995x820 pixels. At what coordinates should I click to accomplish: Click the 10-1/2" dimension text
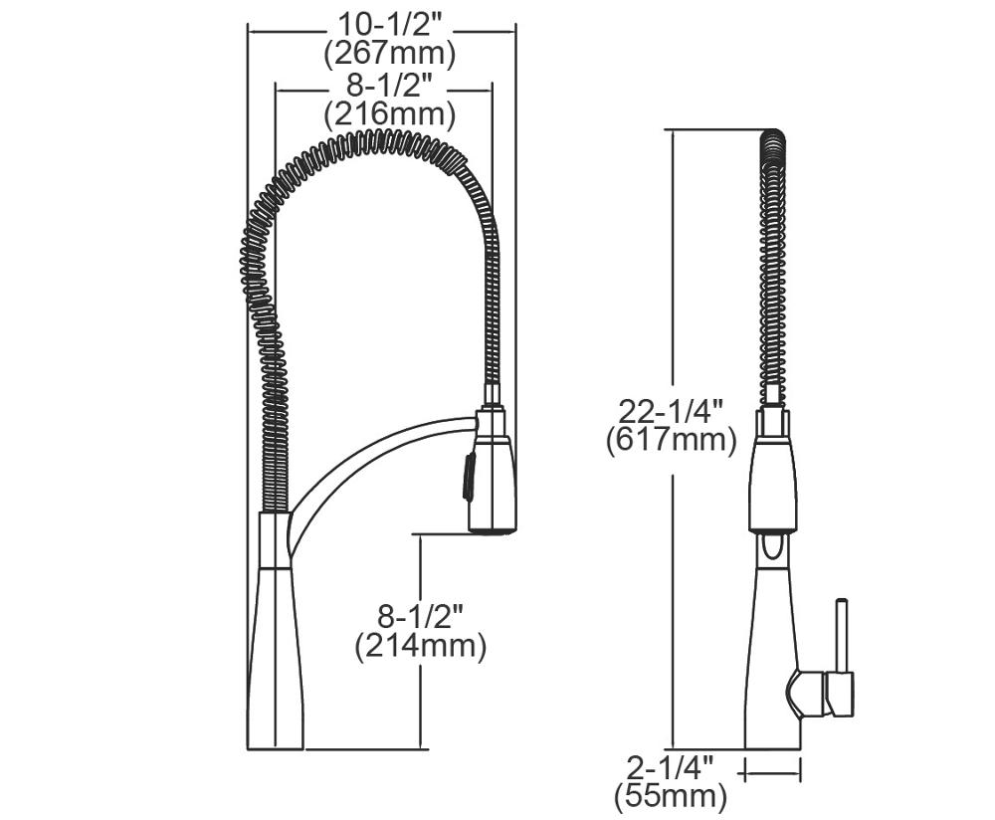click(390, 26)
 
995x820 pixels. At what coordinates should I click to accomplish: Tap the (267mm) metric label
click(390, 55)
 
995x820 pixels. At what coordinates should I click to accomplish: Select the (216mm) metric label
click(390, 114)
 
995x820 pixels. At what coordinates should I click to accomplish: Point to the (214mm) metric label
click(421, 646)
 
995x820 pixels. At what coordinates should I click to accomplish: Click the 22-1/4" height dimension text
click(672, 411)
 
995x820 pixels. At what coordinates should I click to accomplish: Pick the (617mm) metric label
click(672, 440)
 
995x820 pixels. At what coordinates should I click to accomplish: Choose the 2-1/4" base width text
click(670, 768)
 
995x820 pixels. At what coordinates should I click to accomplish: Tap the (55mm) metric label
click(670, 796)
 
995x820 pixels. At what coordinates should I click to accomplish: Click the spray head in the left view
click(492, 471)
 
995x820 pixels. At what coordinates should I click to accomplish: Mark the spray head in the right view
click(772, 469)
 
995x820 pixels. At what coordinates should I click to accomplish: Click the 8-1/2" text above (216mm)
click(389, 86)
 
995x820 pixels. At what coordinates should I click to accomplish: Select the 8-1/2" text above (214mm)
click(421, 617)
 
